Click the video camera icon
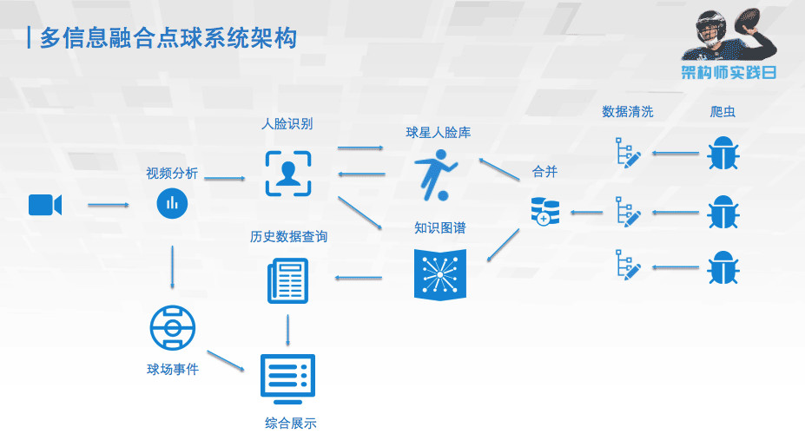pos(44,205)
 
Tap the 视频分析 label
pos(172,174)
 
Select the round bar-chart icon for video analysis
pos(172,204)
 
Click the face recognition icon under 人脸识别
pos(287,172)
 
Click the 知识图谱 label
pos(439,228)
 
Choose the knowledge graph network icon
pos(440,274)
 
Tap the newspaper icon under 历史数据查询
pos(287,281)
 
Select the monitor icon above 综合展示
pos(287,378)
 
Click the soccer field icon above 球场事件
pos(172,328)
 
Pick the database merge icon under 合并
pos(545,211)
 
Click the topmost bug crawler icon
pos(722,154)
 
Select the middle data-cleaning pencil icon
pos(628,211)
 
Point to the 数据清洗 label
pos(628,112)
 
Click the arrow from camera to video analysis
pos(109,206)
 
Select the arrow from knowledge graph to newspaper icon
pos(359,279)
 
